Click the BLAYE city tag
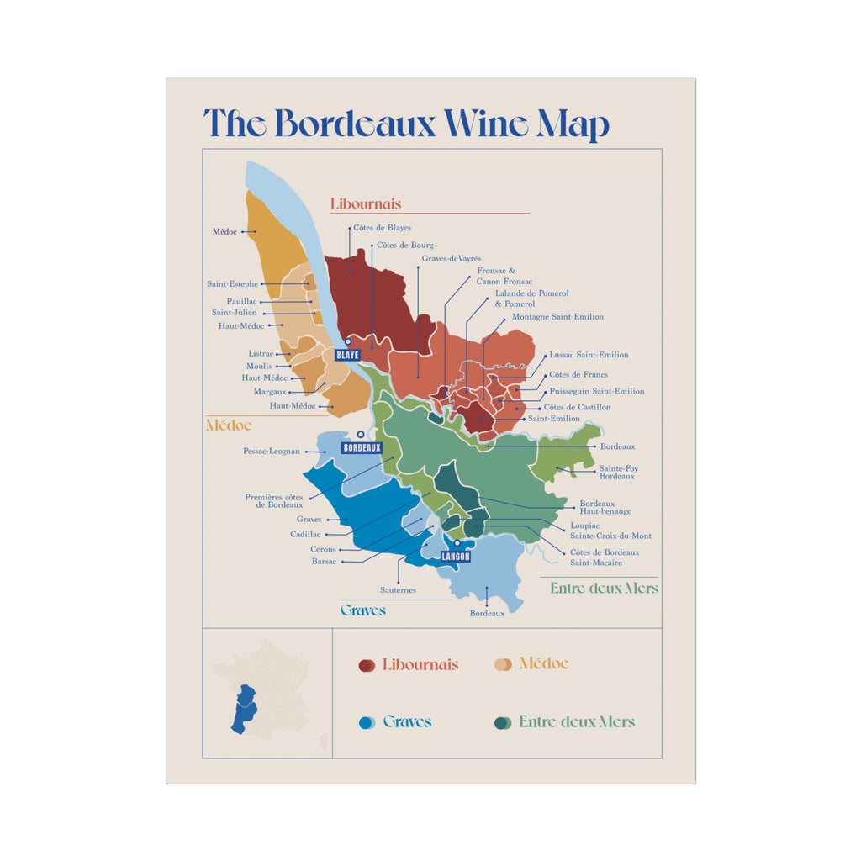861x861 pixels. point(347,355)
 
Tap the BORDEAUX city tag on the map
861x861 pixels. point(362,448)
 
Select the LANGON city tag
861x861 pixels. point(456,557)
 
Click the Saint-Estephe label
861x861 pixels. point(232,284)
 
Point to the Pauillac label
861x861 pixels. point(242,301)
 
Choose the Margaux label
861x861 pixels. point(270,392)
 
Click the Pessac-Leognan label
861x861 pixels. point(272,452)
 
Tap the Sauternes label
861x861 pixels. point(398,590)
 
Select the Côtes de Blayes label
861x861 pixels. point(382,228)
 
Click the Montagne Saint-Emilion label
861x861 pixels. point(557,317)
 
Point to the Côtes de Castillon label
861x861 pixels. point(580,407)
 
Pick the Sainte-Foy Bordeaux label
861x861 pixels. point(618,472)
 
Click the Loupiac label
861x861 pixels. point(585,526)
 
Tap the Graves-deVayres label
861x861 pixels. point(452,259)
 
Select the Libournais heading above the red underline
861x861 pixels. point(366,204)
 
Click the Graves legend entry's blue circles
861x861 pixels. point(367,722)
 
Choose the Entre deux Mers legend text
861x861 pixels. point(577,722)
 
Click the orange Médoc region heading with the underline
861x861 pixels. point(229,425)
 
